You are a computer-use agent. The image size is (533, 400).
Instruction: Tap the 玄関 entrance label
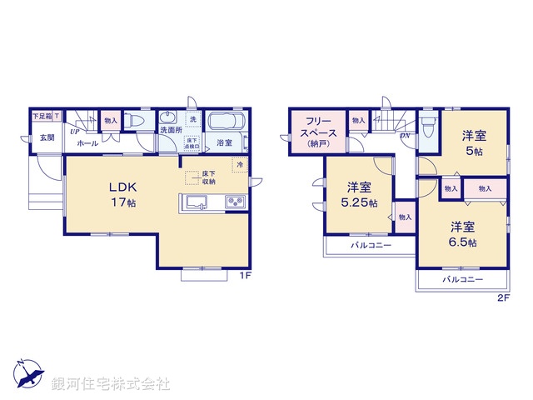tap(46, 138)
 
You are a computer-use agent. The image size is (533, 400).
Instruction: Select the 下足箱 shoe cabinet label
tap(42, 117)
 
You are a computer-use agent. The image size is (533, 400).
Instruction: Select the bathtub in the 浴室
tap(224, 122)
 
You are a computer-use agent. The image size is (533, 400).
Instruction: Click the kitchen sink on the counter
tap(197, 202)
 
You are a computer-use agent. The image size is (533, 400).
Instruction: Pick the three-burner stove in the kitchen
tap(233, 202)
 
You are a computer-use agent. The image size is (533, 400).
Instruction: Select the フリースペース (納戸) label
tap(319, 132)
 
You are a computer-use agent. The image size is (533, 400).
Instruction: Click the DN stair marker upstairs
tap(405, 135)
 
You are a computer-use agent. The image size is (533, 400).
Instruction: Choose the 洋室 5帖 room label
tap(476, 142)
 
